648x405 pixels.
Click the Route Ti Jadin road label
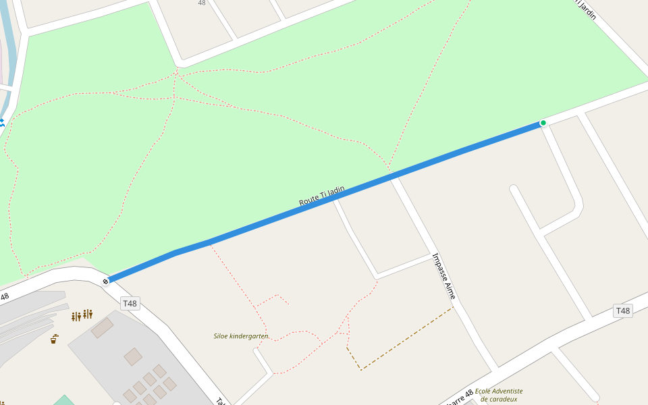[322, 196]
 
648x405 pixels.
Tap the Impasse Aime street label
[444, 276]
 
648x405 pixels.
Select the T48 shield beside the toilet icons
[130, 304]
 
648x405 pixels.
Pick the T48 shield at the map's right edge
[622, 310]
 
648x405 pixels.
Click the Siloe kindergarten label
[241, 335]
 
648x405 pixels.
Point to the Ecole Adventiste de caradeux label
[499, 395]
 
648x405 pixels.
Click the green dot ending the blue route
[543, 123]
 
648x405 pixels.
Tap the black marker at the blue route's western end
[106, 281]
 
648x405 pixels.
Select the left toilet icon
[76, 316]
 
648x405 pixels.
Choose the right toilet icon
[88, 314]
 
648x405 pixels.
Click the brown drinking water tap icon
[54, 338]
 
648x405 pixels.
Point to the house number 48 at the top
[202, 3]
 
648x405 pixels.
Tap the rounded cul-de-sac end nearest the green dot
[514, 190]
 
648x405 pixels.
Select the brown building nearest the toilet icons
[102, 328]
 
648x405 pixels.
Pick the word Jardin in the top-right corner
[587, 9]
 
